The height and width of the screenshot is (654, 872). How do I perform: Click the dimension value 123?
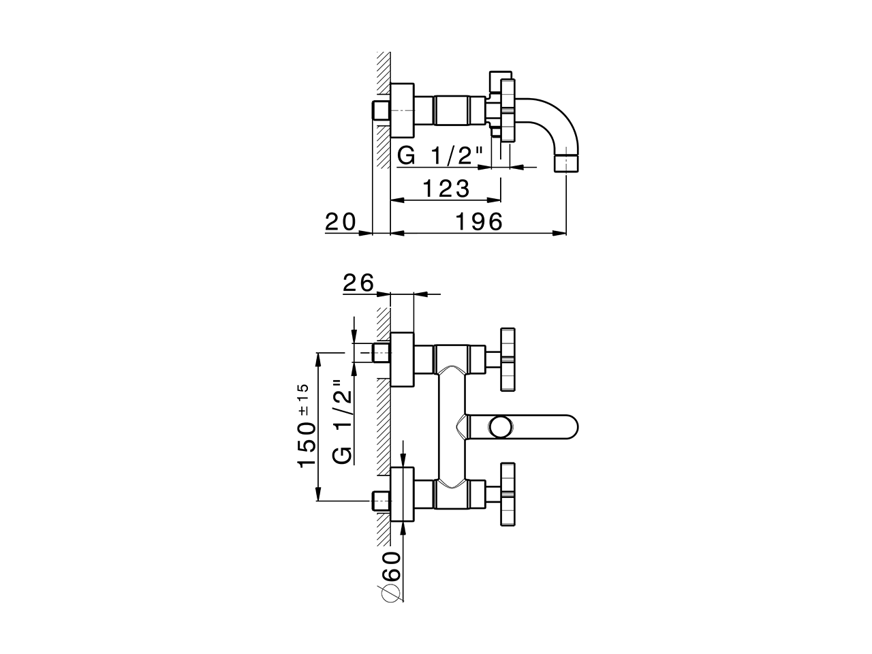446,188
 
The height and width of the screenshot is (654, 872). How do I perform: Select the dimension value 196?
478,221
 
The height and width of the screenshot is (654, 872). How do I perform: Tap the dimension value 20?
341,221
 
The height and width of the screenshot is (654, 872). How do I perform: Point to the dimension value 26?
358,283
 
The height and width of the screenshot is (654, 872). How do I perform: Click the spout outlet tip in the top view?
567,163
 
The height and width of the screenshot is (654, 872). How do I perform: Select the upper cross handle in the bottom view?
508,360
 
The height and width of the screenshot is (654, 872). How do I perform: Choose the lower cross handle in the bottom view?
508,495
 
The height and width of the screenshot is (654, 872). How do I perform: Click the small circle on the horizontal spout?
500,426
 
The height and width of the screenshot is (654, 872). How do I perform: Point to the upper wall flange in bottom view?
402,360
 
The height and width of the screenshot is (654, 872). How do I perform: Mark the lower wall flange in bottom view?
402,495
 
